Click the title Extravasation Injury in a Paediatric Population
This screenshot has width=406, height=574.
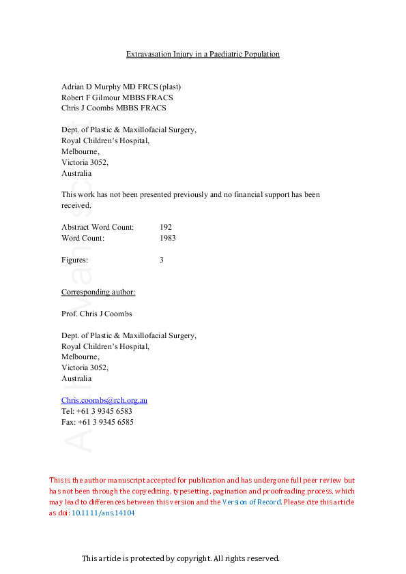click(x=203, y=54)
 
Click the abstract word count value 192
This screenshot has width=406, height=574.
click(x=166, y=227)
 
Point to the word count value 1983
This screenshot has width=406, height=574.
click(x=168, y=238)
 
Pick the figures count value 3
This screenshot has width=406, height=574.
click(x=162, y=260)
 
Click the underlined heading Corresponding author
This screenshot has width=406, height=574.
click(x=98, y=292)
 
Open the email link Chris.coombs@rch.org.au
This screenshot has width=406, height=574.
click(x=104, y=400)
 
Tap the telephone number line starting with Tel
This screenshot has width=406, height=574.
click(x=96, y=411)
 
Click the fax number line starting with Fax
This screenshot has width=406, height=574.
click(x=97, y=422)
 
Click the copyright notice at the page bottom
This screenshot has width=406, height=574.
click(x=181, y=558)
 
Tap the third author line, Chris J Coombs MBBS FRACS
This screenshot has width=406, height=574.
click(x=113, y=108)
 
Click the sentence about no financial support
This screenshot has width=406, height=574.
click(x=190, y=200)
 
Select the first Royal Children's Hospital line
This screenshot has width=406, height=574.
click(x=105, y=140)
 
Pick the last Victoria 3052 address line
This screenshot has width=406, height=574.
click(x=85, y=367)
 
